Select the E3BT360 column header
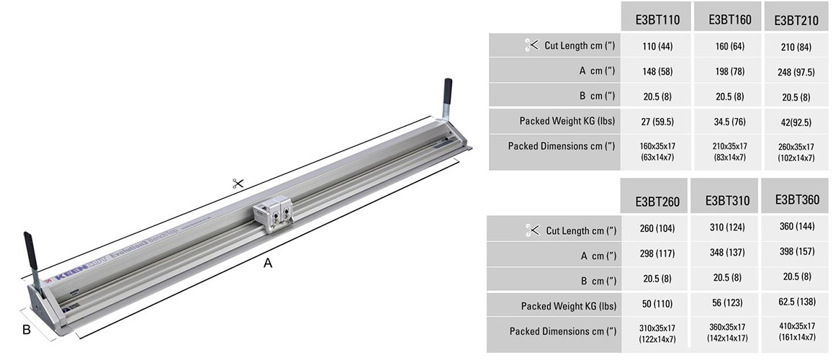pos(796,200)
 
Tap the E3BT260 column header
pos(657,202)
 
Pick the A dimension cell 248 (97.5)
pos(796,72)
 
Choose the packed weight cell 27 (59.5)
pos(657,120)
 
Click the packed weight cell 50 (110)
pos(657,305)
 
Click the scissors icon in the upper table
pos(531,45)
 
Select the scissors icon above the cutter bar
pos(238,184)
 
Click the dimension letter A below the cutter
pos(268,264)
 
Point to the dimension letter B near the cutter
pos(26,330)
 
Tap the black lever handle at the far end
pos(447,91)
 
